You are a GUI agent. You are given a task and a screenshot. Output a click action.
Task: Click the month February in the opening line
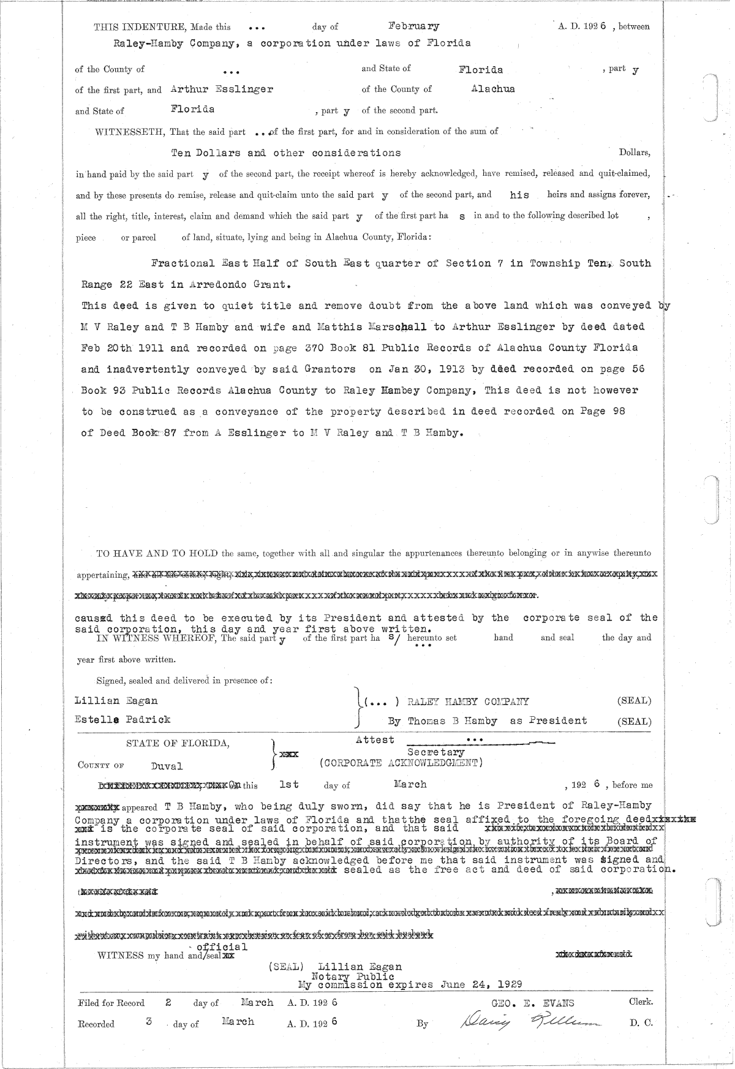pyautogui.click(x=414, y=26)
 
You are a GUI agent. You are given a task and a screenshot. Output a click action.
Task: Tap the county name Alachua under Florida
pyautogui.click(x=493, y=89)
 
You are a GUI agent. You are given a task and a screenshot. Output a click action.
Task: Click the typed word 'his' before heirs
pyautogui.click(x=519, y=195)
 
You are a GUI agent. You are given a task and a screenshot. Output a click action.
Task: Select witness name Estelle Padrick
pyautogui.click(x=123, y=719)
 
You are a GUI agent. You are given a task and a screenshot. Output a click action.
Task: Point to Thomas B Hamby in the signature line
pyautogui.click(x=453, y=721)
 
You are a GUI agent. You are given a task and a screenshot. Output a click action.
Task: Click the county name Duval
pyautogui.click(x=167, y=766)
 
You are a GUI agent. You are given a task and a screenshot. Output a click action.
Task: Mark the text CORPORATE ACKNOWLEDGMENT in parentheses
pyautogui.click(x=401, y=763)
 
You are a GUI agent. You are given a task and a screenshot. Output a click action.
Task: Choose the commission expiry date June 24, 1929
pyautogui.click(x=481, y=985)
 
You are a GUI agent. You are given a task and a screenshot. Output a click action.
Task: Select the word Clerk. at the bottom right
pyautogui.click(x=641, y=1002)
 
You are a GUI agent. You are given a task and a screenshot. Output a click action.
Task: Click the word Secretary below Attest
pyautogui.click(x=435, y=752)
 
